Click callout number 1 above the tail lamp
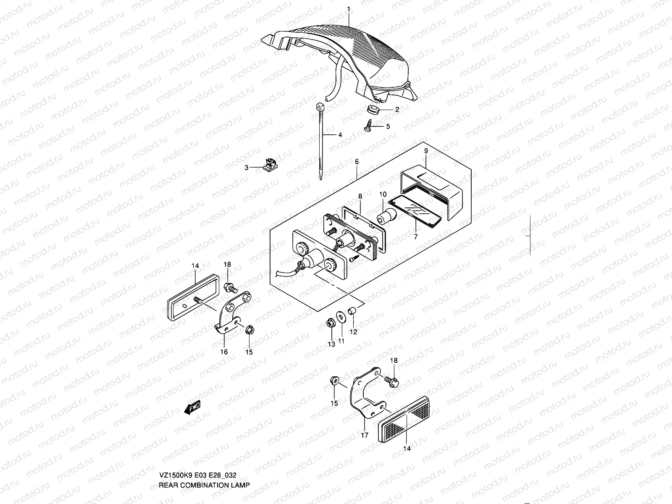(348, 8)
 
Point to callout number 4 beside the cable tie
(340, 135)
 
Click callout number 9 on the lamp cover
(425, 150)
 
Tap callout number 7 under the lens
(415, 237)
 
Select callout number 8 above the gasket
(360, 196)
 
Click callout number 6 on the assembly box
(357, 162)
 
